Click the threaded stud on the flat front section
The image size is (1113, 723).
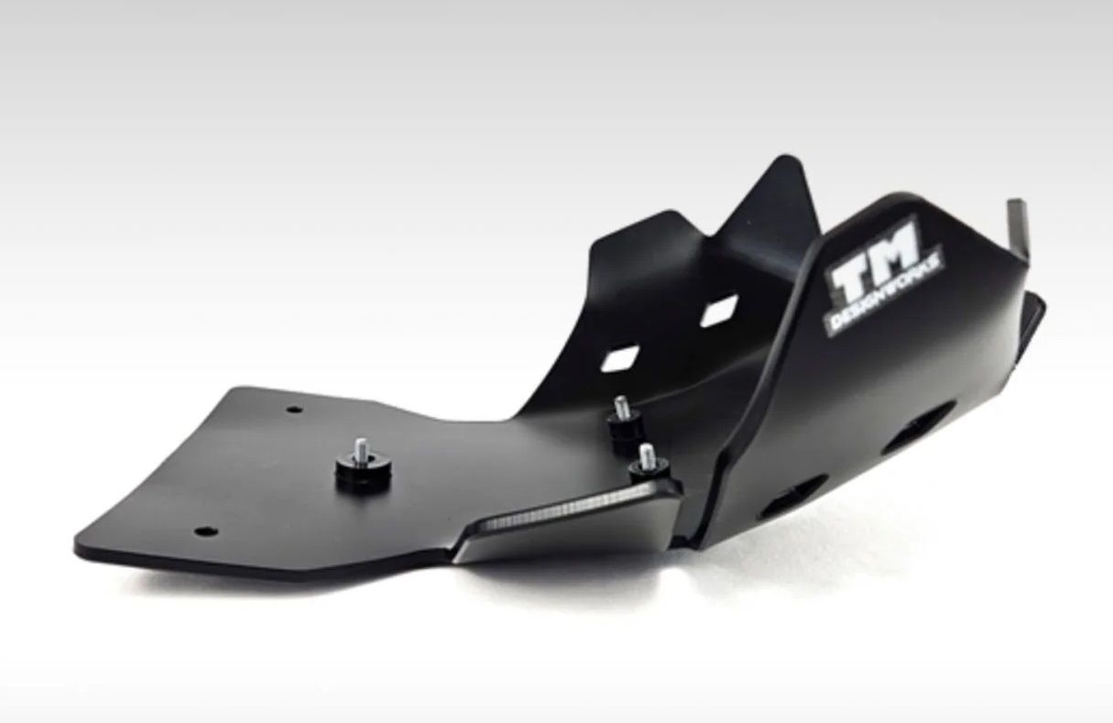361,448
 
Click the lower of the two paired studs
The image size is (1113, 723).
647,455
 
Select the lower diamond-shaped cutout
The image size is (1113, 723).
621,358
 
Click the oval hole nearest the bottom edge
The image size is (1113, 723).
790,499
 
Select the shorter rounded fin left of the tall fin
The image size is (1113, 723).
641,229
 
